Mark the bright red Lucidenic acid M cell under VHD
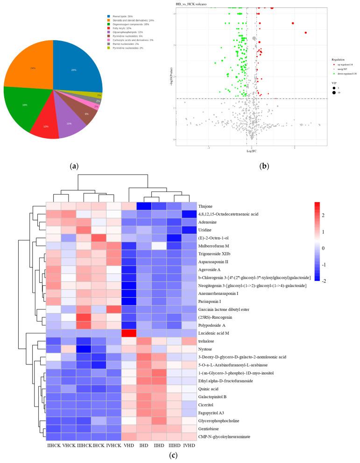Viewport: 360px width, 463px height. tap(128, 333)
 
